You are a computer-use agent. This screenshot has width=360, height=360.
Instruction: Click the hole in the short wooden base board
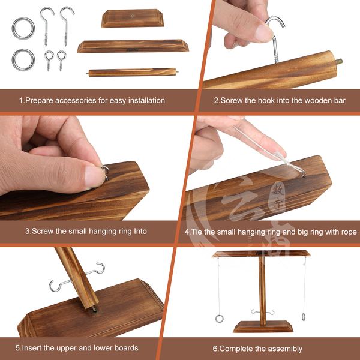point(132,16)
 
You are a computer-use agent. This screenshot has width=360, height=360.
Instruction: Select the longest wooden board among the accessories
point(133,46)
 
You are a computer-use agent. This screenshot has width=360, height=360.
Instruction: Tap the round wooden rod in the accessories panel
point(132,72)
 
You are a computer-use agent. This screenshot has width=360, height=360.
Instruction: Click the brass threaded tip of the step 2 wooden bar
point(339,61)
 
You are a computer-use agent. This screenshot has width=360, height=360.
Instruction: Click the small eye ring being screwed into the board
point(106,173)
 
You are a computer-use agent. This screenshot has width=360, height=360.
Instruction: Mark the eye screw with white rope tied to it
point(302,173)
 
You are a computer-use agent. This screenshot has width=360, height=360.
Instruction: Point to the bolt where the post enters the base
point(94,310)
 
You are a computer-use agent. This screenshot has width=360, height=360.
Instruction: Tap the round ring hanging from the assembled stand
point(219,319)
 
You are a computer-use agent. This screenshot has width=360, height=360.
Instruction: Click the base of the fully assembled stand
point(263,326)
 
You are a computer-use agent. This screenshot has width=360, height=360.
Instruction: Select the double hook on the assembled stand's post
point(263,312)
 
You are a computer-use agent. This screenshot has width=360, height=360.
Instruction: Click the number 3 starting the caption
point(28,231)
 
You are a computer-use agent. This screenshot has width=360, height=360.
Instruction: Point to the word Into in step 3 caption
point(140,231)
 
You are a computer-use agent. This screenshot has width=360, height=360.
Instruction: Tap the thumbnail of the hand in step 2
point(264,33)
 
